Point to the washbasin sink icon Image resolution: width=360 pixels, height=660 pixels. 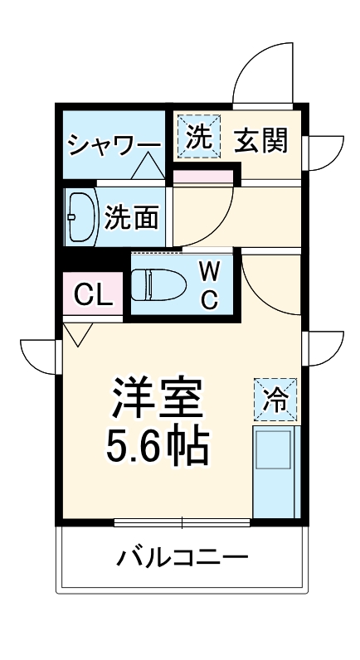point(80,217)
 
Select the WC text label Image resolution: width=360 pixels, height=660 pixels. point(210,284)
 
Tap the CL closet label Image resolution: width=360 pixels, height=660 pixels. point(93,295)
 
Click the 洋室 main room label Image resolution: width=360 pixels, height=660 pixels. point(156,399)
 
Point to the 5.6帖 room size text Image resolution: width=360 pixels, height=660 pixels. point(156,447)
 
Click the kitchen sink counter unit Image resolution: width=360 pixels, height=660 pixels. point(275,471)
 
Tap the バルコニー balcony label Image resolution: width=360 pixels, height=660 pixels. point(182,556)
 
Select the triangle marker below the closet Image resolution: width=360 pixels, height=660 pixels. point(78,333)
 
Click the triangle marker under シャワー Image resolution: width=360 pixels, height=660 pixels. point(148,169)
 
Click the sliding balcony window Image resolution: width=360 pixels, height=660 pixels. point(182,522)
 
